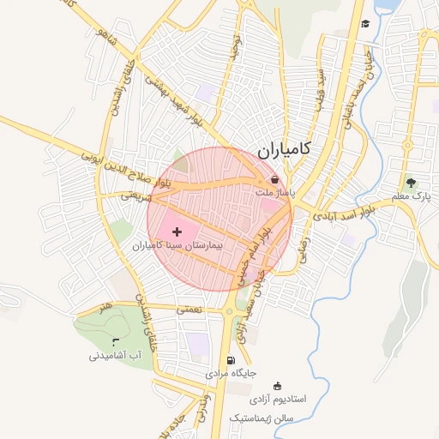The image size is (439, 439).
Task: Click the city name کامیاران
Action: pyautogui.click(x=285, y=150)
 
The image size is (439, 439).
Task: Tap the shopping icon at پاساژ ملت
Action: pyautogui.click(x=274, y=180)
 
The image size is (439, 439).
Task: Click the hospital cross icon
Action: pyautogui.click(x=177, y=232)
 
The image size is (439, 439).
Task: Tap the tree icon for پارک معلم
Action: pyautogui.click(x=411, y=182)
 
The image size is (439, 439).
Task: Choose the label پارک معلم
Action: pyautogui.click(x=410, y=197)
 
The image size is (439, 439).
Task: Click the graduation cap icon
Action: pyautogui.click(x=365, y=24)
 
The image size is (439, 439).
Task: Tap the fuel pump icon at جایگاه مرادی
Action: pyautogui.click(x=229, y=360)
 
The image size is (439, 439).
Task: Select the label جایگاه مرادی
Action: pyautogui.click(x=231, y=375)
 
